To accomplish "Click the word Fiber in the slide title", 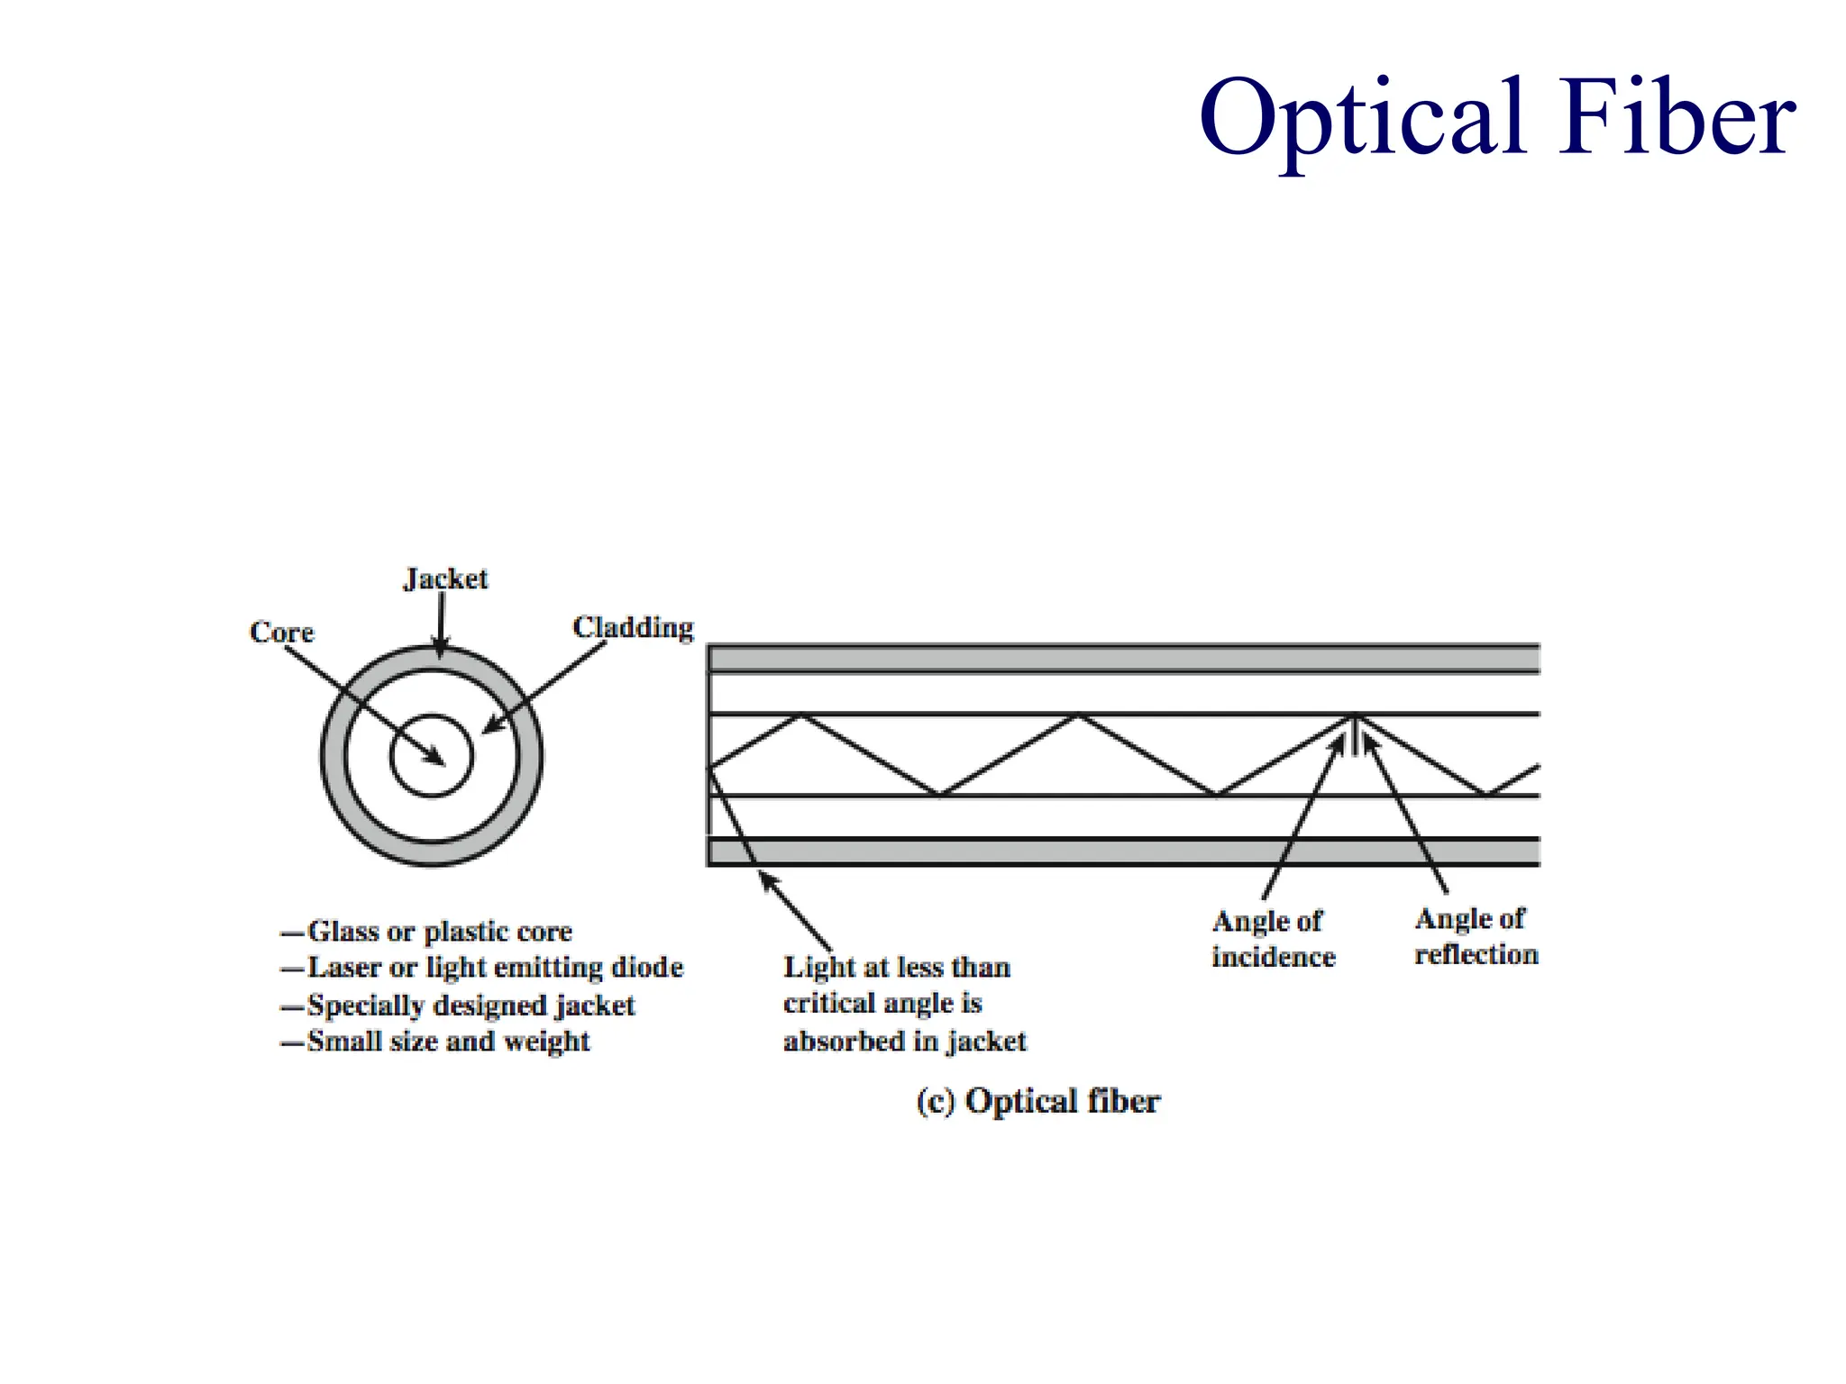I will click(1678, 117).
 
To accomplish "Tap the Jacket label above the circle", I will click(445, 579).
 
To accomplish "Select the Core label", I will click(281, 632).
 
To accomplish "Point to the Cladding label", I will click(633, 627).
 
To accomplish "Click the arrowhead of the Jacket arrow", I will click(440, 650).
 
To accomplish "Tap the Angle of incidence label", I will click(1272, 939).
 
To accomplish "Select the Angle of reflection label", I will click(1476, 936).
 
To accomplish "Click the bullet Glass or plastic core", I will click(439, 931).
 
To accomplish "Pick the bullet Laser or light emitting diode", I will click(494, 968).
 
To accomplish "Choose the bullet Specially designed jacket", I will click(471, 1005).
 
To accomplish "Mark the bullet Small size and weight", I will click(448, 1042).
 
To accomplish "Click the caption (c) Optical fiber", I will click(1037, 1101).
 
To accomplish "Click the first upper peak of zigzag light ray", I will click(800, 715).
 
